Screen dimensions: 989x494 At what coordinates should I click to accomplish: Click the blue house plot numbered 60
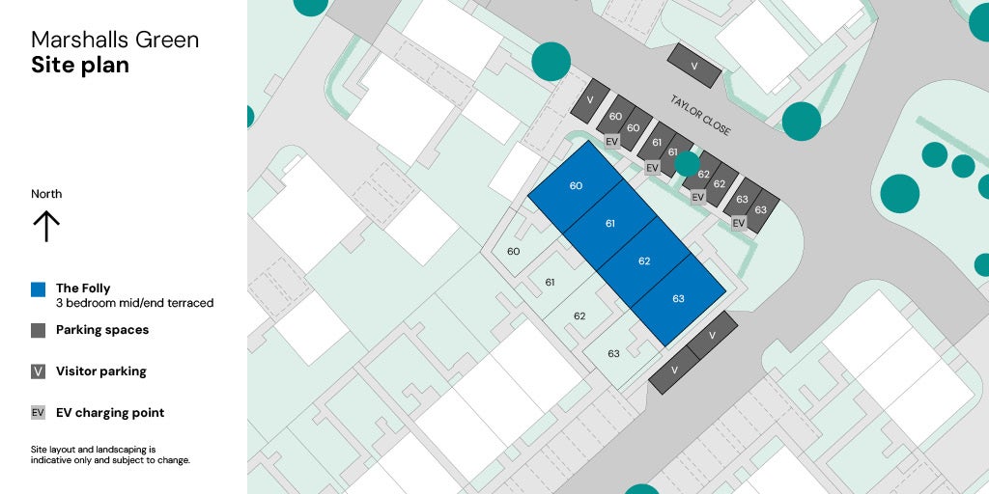click(577, 186)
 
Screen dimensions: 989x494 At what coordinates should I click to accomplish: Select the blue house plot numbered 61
click(610, 224)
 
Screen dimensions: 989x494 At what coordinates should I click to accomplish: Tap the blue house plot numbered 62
click(644, 261)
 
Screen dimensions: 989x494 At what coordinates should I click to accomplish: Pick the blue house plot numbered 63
click(678, 298)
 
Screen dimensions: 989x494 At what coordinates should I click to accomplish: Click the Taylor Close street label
click(701, 115)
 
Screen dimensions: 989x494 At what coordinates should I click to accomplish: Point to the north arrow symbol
click(46, 226)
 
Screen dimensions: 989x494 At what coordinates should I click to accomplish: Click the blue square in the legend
click(39, 288)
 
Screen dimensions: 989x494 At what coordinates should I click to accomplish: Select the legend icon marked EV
click(39, 413)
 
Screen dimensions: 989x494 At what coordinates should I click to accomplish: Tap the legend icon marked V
click(39, 371)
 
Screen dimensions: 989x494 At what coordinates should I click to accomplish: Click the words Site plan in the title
click(79, 66)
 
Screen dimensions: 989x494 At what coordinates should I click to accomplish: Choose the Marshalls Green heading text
click(115, 40)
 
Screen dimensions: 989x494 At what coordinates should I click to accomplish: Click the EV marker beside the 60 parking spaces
click(611, 141)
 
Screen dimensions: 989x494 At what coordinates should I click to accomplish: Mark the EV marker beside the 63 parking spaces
click(739, 223)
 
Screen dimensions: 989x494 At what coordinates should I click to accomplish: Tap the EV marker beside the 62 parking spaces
click(698, 197)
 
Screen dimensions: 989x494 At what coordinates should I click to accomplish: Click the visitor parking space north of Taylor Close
click(695, 66)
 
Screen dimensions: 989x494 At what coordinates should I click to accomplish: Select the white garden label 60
click(514, 252)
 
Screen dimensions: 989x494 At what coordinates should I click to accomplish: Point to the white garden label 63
click(613, 354)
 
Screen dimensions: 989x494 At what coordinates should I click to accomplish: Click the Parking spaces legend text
click(102, 330)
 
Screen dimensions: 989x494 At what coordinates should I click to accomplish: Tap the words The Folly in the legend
click(83, 288)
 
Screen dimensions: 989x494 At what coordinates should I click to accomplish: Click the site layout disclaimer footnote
click(110, 454)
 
